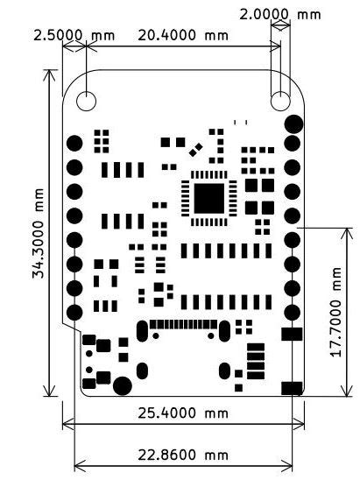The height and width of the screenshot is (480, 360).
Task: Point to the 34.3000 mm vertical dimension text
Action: pyautogui.click(x=37, y=234)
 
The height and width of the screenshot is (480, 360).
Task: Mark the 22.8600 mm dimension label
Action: pyautogui.click(x=182, y=455)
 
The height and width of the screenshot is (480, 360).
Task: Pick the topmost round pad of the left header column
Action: pyautogui.click(x=74, y=142)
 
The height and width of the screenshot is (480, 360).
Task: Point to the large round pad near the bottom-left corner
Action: pyautogui.click(x=124, y=385)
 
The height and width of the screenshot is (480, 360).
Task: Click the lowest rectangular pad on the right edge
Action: pyautogui.click(x=291, y=387)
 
